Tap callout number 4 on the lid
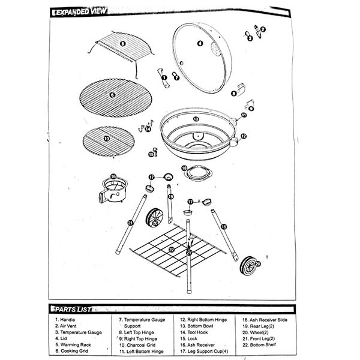(x=200, y=44)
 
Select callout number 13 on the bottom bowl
(x=196, y=119)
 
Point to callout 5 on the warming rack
(x=122, y=44)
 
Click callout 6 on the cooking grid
(x=112, y=94)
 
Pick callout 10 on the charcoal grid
(x=106, y=138)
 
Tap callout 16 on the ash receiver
(x=113, y=176)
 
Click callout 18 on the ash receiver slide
(x=184, y=169)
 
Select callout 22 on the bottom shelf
(x=171, y=249)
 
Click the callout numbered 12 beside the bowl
(x=243, y=137)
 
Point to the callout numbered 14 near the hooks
(x=148, y=128)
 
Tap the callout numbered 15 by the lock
(x=152, y=154)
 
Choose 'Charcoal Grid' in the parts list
(x=138, y=346)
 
